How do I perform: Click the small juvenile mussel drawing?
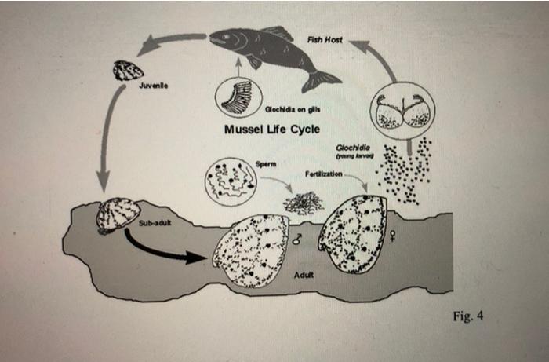click(x=129, y=71)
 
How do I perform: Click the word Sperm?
click(x=266, y=163)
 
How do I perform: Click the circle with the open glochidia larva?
click(x=401, y=112)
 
